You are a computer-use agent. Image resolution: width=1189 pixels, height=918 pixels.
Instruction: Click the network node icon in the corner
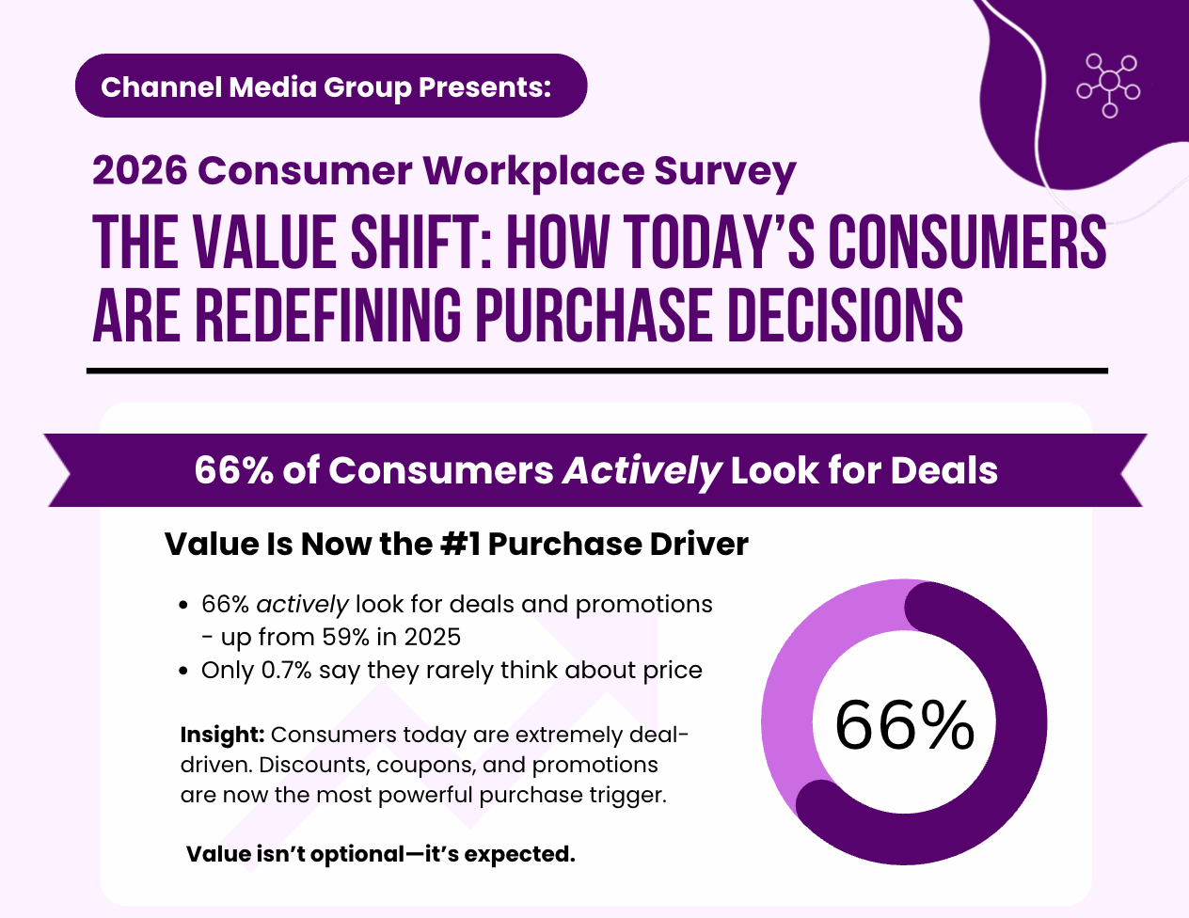point(1109,86)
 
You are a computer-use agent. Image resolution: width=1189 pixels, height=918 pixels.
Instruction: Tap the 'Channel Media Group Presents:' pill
point(330,87)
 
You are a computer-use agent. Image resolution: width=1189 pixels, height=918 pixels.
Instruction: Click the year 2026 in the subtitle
point(139,171)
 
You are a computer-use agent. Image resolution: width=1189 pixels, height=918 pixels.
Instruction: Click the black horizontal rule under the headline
point(596,371)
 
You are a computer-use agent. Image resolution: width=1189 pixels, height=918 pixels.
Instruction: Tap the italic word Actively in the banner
point(642,470)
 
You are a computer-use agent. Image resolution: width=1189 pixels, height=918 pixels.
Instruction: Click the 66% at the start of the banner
point(233,470)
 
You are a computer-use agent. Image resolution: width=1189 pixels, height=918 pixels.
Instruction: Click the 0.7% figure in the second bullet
point(285,671)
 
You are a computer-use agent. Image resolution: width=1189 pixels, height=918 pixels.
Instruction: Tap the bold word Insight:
point(222,735)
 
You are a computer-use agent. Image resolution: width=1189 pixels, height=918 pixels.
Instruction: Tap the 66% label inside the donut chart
point(904,725)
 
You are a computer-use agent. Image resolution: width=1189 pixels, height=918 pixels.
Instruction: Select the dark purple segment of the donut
point(1016,752)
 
